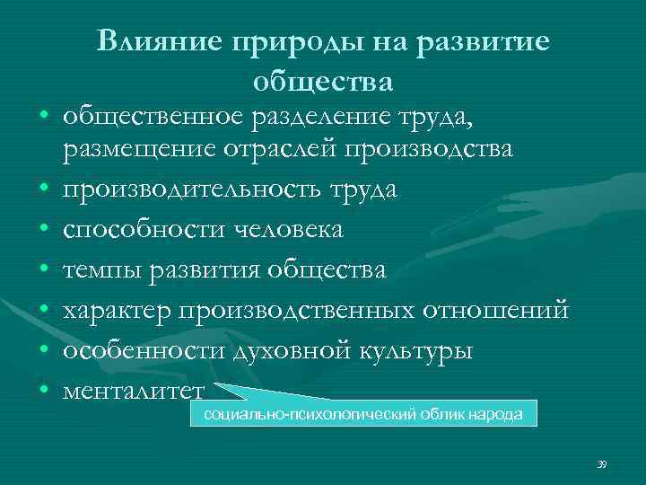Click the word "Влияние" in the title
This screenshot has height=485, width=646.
click(160, 41)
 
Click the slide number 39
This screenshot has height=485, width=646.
click(601, 463)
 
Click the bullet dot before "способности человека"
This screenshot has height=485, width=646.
click(43, 230)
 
